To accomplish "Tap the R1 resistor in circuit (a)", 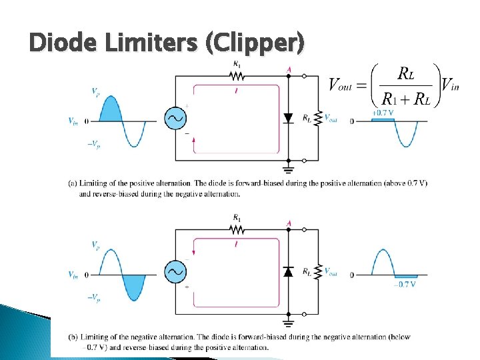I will pyautogui.click(x=237, y=75).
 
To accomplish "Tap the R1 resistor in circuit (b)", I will pyautogui.click(x=237, y=229).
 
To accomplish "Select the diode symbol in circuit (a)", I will pyautogui.click(x=288, y=119).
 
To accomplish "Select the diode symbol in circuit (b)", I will pyautogui.click(x=288, y=271).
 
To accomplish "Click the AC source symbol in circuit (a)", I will pyautogui.click(x=175, y=119).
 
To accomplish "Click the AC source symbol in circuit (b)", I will pyautogui.click(x=175, y=271).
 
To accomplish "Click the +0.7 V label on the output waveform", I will pyautogui.click(x=383, y=113).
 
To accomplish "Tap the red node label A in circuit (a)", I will pyautogui.click(x=289, y=69).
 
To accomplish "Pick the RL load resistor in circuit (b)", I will pyautogui.click(x=319, y=271).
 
